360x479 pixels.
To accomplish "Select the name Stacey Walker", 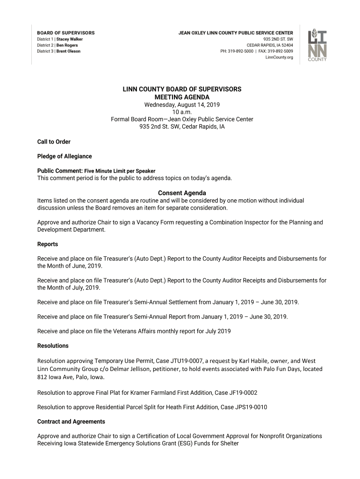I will tap(70, 39).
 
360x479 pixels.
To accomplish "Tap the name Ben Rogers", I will tap(67, 45).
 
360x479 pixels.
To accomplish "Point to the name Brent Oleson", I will tap(68, 51).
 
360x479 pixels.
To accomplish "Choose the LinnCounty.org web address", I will tap(279, 58).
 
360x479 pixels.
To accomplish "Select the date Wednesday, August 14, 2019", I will tap(182, 104).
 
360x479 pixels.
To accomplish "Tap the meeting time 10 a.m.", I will tap(182, 112).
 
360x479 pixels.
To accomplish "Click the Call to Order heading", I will tap(54, 142).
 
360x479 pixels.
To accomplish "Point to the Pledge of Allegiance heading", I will tap(65, 156).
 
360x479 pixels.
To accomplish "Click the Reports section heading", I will tap(48, 244).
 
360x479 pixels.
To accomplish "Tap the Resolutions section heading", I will tap(53, 346).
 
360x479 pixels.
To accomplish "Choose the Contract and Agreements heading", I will tap(71, 421).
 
